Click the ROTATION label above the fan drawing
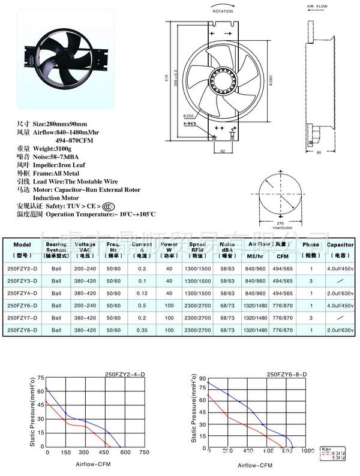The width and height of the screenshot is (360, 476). [223, 10]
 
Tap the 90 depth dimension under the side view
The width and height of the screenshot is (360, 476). [319, 153]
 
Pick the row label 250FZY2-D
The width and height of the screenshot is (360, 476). [22, 269]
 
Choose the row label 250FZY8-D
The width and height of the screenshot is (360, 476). [22, 330]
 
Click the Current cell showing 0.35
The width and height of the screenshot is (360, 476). [142, 330]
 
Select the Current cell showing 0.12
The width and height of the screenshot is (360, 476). [142, 293]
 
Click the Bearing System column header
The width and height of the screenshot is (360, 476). [56, 249]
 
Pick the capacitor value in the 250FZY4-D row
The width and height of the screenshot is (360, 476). [340, 293]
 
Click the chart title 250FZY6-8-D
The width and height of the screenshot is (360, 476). [286, 375]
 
